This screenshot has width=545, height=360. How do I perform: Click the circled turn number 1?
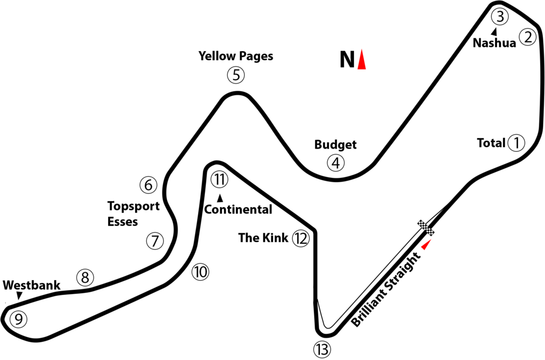(x=516, y=143)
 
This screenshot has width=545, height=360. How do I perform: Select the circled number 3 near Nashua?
(x=500, y=17)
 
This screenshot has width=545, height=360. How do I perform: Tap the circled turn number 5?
(x=236, y=75)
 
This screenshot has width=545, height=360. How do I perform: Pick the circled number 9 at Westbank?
(x=19, y=319)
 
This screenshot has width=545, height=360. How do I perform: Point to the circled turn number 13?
(x=322, y=349)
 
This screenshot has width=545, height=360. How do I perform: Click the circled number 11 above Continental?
(x=219, y=179)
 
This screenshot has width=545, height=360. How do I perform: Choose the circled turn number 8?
(x=85, y=277)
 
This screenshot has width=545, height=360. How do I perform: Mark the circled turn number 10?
(x=200, y=272)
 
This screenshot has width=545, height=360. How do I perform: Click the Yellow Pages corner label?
(x=236, y=56)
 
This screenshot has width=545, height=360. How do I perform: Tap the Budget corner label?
(x=335, y=144)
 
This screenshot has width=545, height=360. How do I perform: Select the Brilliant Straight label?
(x=385, y=290)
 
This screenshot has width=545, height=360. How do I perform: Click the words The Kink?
(x=263, y=238)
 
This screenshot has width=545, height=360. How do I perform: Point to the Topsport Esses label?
(x=133, y=214)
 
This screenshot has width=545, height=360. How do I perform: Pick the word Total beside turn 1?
(x=491, y=143)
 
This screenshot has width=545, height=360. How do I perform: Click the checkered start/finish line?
(x=426, y=228)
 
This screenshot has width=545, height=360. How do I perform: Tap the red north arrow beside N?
(x=361, y=59)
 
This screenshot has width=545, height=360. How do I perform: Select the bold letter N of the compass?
(x=347, y=60)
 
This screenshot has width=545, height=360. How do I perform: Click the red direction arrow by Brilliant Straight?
(x=426, y=244)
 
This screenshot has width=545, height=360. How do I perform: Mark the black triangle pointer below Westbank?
(x=20, y=296)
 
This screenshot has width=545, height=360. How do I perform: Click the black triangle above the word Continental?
(x=220, y=198)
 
